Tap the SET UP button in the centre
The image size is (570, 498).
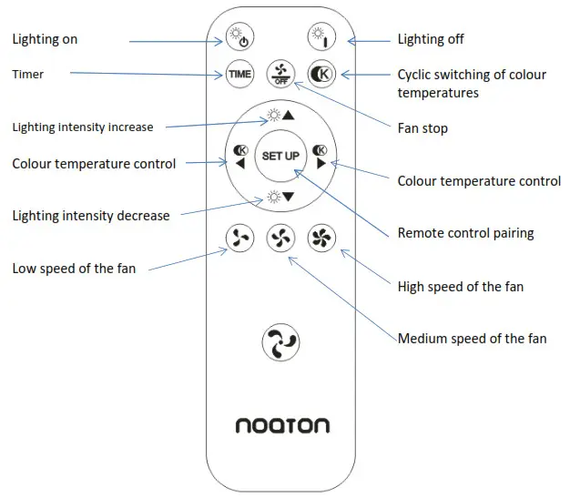280,156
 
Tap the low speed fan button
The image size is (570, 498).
239,239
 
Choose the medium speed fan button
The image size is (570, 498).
280,239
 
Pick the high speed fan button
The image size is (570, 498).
321,239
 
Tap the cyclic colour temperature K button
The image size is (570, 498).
321,74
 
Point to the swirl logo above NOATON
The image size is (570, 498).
280,343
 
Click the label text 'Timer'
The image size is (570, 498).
28,73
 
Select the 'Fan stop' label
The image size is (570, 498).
422,128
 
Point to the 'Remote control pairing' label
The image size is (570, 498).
465,233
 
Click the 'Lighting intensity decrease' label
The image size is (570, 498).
91,216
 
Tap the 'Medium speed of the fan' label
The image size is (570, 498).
472,339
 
